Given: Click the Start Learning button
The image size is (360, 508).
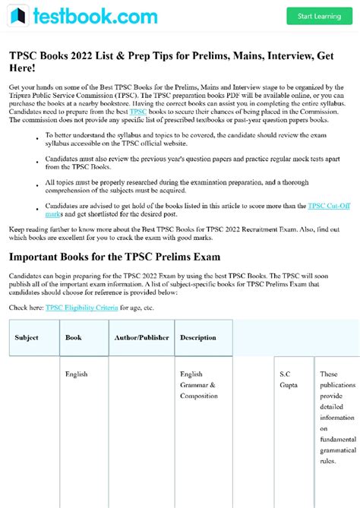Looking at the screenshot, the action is tap(318, 16).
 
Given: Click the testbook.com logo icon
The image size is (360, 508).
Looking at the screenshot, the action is tap(19, 15).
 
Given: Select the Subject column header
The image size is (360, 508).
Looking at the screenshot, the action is tap(27, 337).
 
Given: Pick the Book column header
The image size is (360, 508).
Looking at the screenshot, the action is tap(74, 337).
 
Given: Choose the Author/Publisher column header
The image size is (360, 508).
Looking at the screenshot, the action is tap(141, 337).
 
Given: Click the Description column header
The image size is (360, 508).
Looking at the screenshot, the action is tap(197, 337).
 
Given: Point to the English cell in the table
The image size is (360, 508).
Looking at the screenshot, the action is tap(76, 374).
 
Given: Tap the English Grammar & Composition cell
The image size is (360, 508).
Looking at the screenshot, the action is tap(198, 385).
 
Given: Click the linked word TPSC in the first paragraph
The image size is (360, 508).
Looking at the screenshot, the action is tap(137, 111).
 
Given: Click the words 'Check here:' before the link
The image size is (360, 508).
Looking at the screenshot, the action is tap(26, 308).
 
